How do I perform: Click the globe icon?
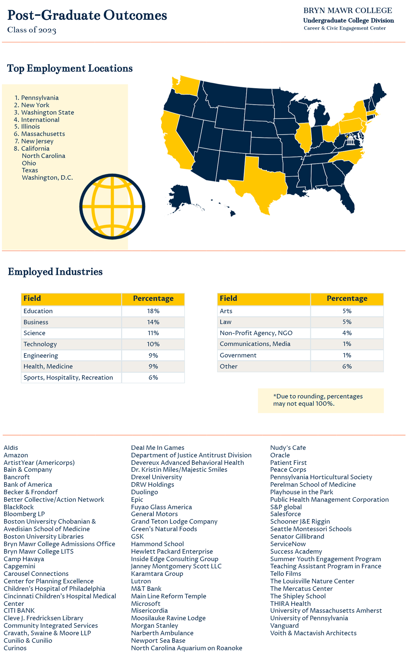point(112,207)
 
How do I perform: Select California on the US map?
point(174,140)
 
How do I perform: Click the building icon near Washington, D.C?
point(351,141)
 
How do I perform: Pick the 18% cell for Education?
point(153,311)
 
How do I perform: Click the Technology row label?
point(40,344)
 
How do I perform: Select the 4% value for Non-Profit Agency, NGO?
point(347,333)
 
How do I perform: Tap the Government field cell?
point(238,355)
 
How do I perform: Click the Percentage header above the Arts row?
point(347,298)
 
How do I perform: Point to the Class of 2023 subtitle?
point(32,30)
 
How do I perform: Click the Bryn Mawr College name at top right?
point(348,11)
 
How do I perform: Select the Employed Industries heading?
point(55,271)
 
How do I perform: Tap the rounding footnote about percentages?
point(318,400)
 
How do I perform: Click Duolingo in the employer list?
point(144,492)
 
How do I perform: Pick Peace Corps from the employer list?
point(288,469)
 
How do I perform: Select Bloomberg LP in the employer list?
point(24,514)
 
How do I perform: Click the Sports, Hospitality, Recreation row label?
point(68,377)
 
